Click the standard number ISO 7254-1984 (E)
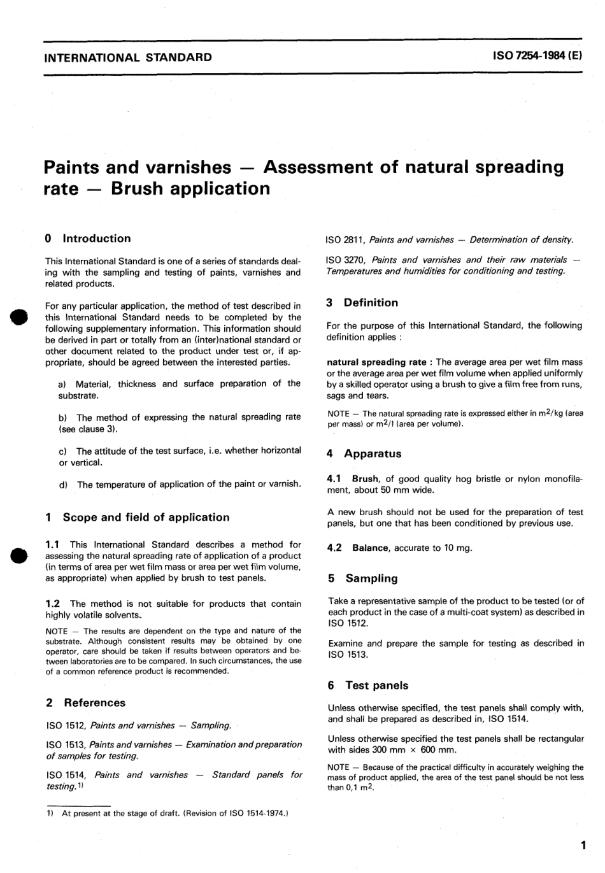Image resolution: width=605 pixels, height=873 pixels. click(537, 56)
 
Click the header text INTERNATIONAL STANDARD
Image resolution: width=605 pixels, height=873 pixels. click(128, 57)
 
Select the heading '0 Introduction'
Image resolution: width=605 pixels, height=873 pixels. click(88, 239)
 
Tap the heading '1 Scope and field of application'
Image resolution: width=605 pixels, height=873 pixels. click(138, 517)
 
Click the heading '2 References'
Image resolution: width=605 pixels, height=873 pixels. click(86, 703)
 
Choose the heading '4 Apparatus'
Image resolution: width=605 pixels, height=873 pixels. click(364, 454)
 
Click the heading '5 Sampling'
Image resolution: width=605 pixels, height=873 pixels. click(363, 579)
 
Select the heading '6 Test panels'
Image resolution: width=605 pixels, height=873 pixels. click(368, 686)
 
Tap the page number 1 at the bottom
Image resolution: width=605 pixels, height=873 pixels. click(583, 846)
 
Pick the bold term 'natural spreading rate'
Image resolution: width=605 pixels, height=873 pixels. click(376, 362)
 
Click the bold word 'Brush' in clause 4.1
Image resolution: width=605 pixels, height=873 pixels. click(366, 479)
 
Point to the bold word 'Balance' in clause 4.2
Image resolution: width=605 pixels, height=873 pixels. click(370, 548)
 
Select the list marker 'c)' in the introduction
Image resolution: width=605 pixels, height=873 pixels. click(62, 451)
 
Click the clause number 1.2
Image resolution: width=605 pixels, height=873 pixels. click(53, 604)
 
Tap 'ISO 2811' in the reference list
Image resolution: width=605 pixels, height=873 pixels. click(344, 240)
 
